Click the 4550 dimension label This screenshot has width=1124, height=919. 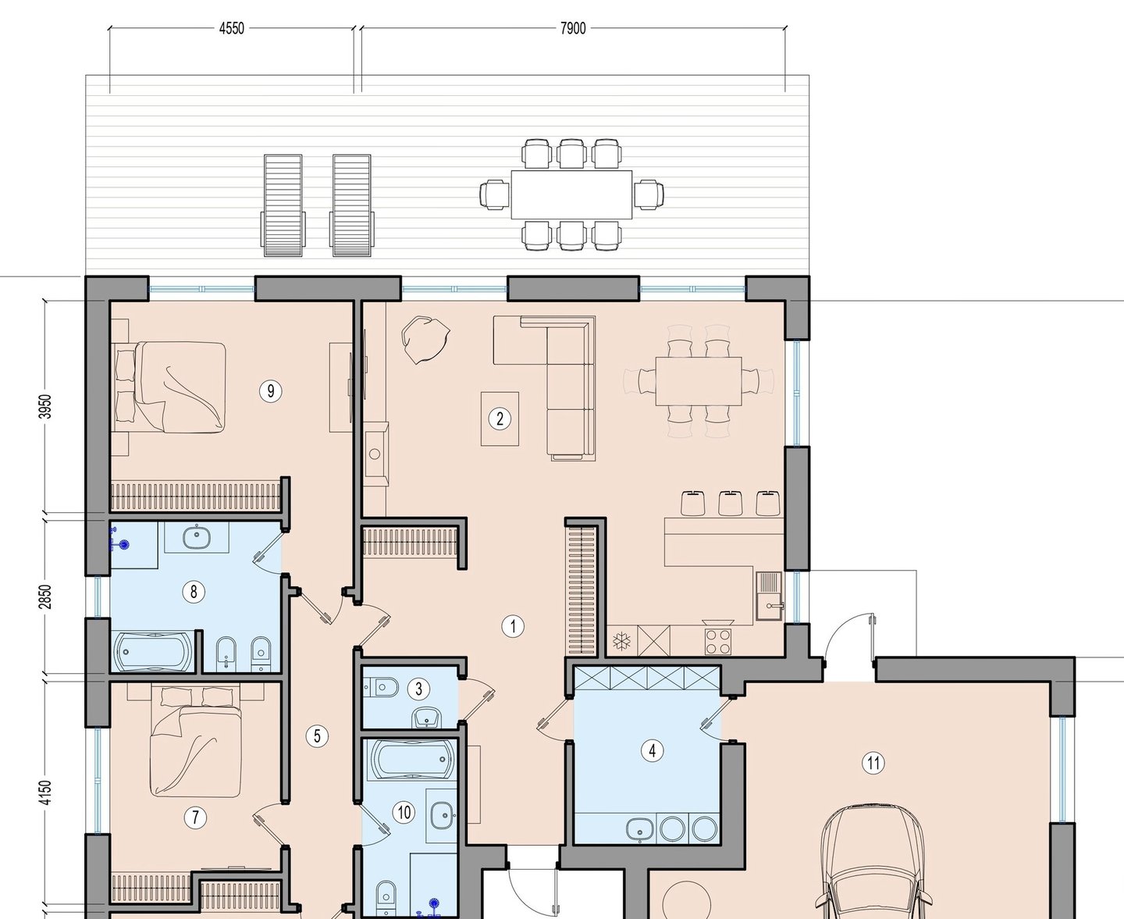point(232,28)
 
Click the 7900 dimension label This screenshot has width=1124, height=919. point(573,28)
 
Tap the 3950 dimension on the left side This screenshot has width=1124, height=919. point(46,406)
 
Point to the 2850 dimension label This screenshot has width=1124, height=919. point(46,597)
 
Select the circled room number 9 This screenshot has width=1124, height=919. point(271,391)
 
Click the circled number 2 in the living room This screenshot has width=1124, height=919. point(500,419)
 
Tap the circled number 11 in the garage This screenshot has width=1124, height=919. point(873,764)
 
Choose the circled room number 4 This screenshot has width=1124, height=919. point(653,751)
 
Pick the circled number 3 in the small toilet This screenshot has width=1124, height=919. point(418,689)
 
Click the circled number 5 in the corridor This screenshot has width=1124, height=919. point(317,736)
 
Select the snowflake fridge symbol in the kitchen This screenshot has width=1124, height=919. point(621,641)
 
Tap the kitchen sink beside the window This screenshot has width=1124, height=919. point(769,597)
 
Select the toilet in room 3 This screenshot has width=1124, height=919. point(382,687)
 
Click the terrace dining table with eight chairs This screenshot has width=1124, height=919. point(571,194)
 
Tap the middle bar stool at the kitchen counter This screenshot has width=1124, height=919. point(730,503)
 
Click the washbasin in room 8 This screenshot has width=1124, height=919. point(197,537)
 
